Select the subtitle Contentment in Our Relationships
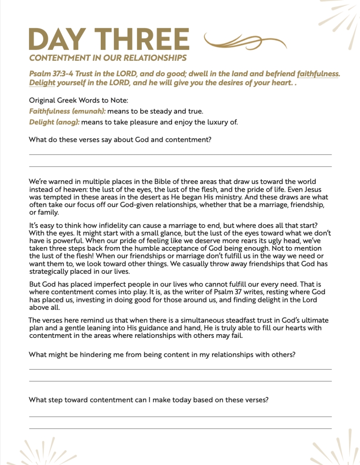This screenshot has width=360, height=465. (x=108, y=58)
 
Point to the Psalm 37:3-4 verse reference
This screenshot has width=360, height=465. (x=51, y=74)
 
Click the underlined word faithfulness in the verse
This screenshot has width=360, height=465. (x=318, y=74)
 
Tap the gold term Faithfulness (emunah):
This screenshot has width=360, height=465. (x=67, y=111)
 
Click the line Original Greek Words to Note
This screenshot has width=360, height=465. (x=79, y=100)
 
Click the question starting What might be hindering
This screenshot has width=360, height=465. (x=162, y=355)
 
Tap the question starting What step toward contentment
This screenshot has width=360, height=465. (x=148, y=400)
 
